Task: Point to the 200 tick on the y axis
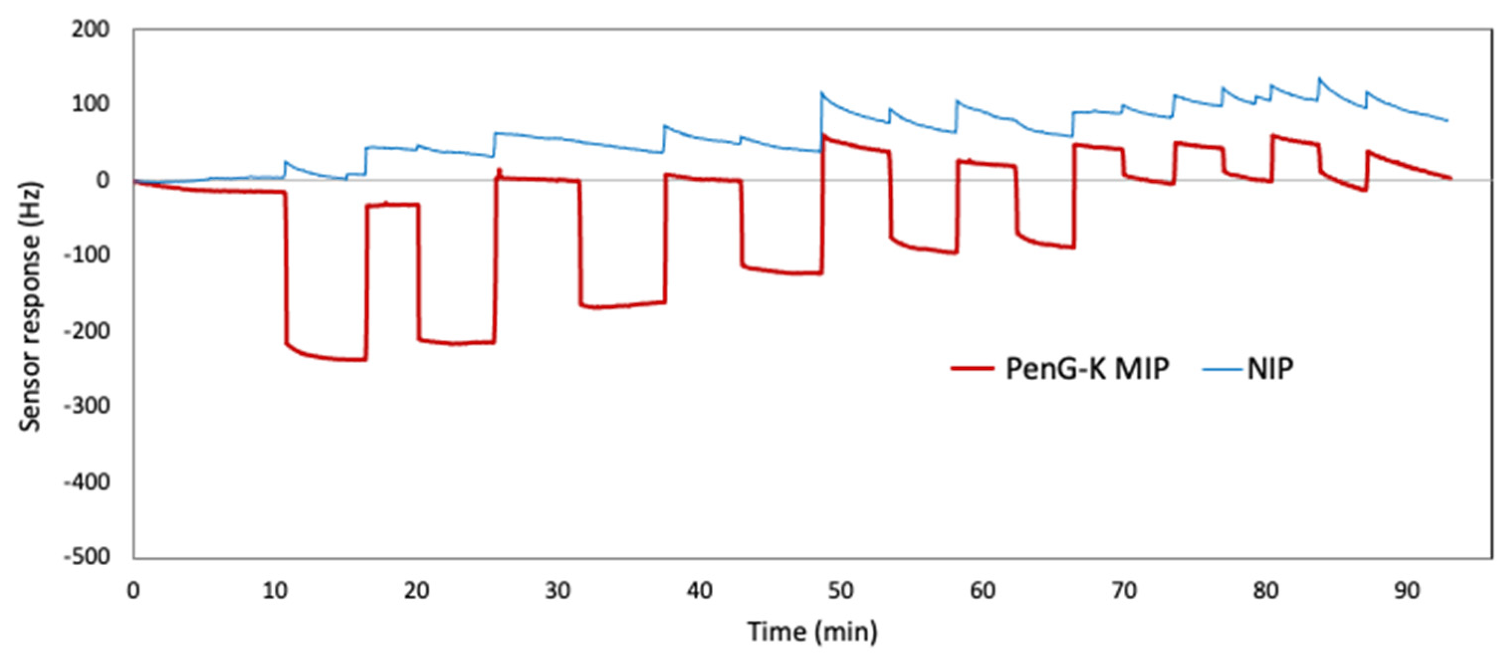[91, 29]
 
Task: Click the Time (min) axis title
[812, 632]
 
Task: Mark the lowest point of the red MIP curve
[352, 360]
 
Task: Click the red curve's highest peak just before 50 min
[825, 135]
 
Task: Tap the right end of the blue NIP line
[1447, 121]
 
